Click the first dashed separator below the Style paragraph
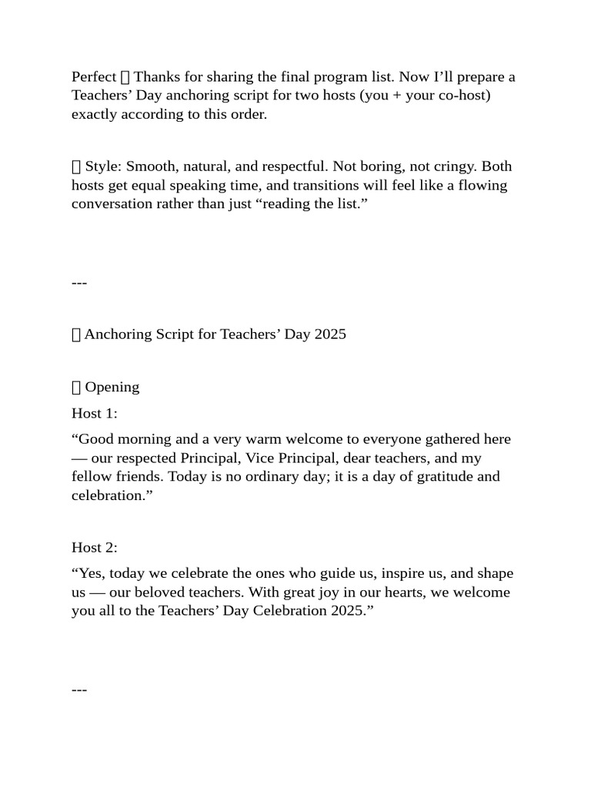coord(79,283)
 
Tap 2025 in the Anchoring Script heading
coord(330,334)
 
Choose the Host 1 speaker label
coord(95,414)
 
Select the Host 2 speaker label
coord(95,547)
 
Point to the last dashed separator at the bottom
coord(79,690)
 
